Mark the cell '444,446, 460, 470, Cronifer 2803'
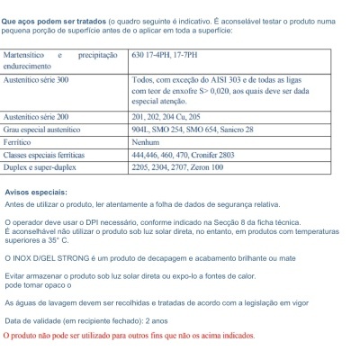pos(190,155)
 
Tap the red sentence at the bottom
pos(129,335)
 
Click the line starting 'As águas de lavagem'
pos(135,304)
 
